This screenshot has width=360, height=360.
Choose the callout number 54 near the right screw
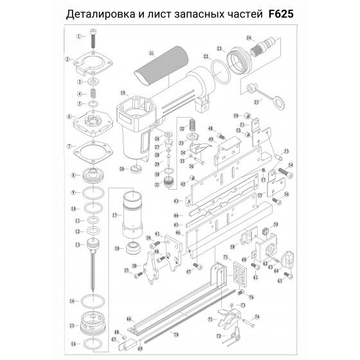pyautogui.click(x=290, y=165)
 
